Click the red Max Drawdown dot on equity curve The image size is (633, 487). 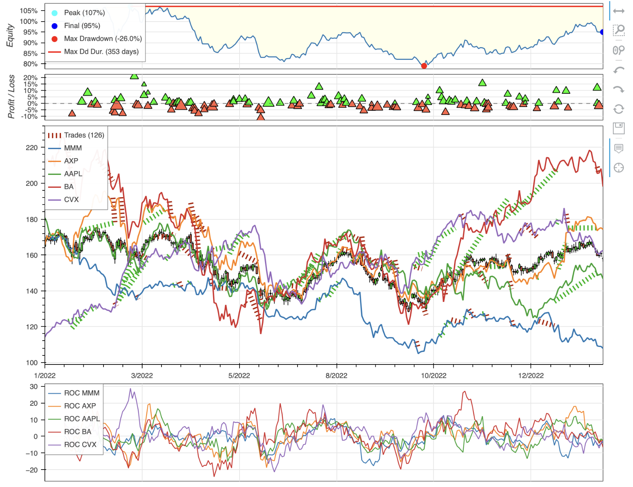tap(424, 66)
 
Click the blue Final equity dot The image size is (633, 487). tap(602, 32)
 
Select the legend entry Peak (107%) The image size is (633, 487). tap(84, 13)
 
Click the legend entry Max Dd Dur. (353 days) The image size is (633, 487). tap(101, 52)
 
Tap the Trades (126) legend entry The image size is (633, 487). tap(84, 135)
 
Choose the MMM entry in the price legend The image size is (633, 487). tap(73, 148)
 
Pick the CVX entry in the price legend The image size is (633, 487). tap(71, 200)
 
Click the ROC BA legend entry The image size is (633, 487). tap(77, 432)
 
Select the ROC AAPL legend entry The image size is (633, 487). tap(82, 419)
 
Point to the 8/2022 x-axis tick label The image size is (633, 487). tap(336, 376)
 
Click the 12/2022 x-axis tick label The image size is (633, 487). tap(531, 376)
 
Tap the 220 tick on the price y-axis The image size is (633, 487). tap(32, 148)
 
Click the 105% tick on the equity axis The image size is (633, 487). tap(29, 11)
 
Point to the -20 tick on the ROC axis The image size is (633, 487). tap(32, 470)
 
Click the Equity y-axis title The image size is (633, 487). tap(10, 36)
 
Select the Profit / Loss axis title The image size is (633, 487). tap(11, 97)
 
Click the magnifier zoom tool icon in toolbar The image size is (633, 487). tap(619, 30)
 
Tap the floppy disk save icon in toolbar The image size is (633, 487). tap(619, 128)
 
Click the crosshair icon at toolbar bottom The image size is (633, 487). tap(619, 168)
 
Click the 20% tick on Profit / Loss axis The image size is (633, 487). tap(30, 78)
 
